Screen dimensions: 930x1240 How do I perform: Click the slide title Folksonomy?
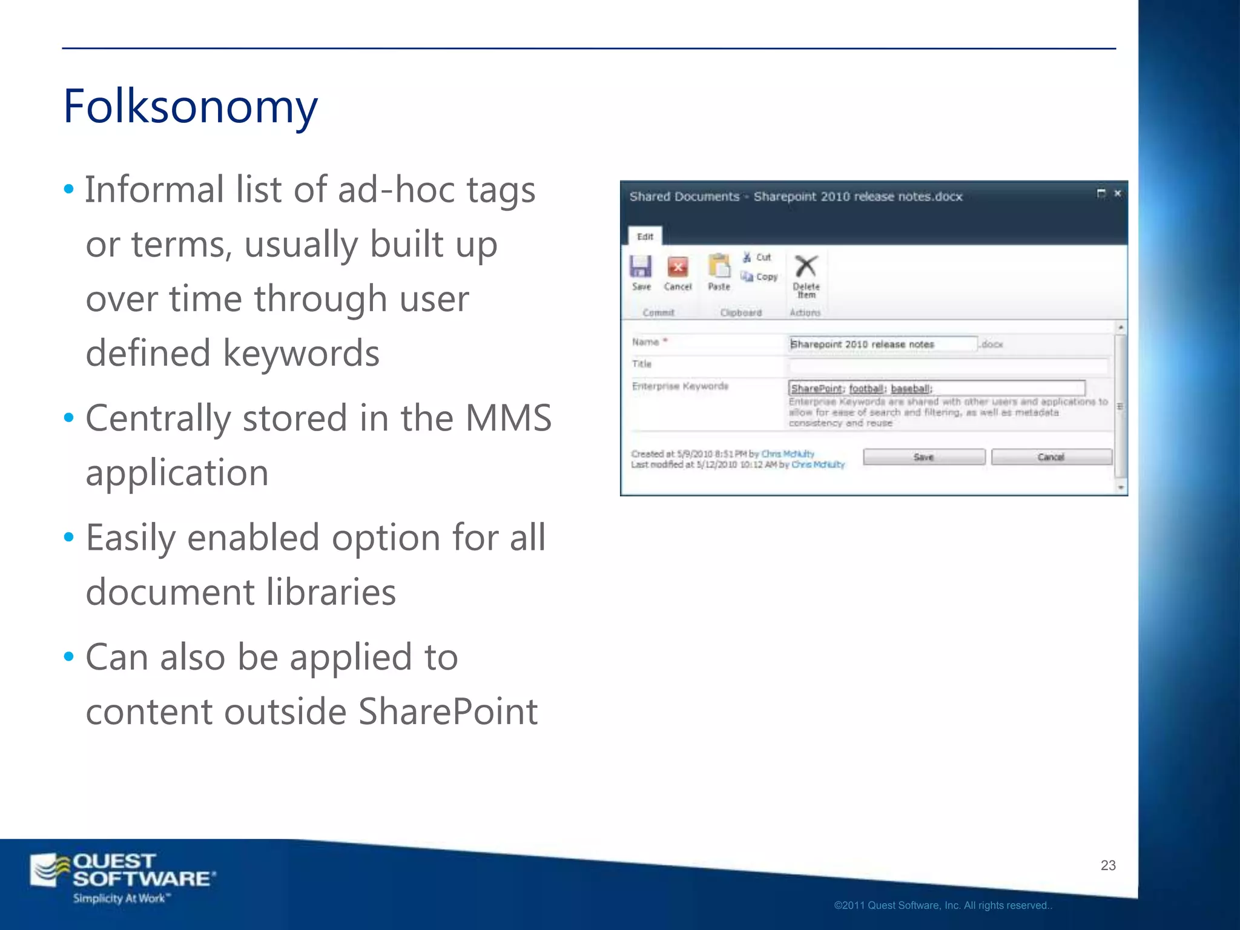coord(190,107)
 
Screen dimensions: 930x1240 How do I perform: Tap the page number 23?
coord(1108,865)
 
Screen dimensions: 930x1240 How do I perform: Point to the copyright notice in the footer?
coord(943,905)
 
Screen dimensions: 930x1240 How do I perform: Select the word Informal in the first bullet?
coord(154,190)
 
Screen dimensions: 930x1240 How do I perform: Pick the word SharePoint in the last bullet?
coord(447,711)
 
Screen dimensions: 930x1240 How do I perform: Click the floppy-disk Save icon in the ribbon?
coord(641,266)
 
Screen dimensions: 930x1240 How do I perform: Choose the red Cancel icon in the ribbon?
coord(678,266)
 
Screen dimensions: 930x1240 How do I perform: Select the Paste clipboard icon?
coord(719,266)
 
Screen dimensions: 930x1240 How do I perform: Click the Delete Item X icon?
coord(806,266)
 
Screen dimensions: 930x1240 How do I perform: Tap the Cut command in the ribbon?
coord(757,257)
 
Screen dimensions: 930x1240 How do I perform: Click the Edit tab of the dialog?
coord(645,237)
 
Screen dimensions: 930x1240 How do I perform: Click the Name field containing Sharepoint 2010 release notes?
coord(883,344)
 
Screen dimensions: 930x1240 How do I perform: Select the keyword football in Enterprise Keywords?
coord(866,389)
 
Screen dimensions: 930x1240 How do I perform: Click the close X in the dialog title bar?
coord(1118,193)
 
